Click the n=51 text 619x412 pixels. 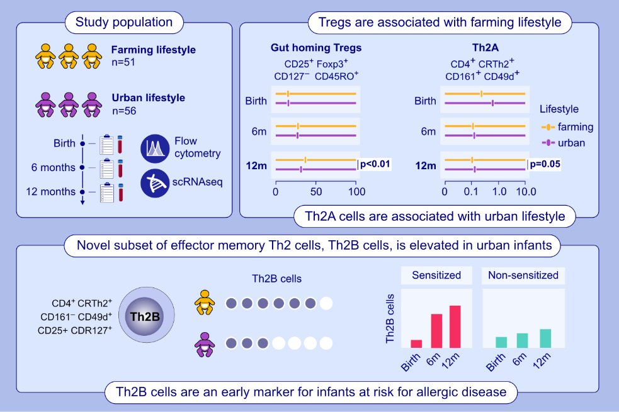[123, 63]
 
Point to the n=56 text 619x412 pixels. [123, 112]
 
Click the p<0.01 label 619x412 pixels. [375, 165]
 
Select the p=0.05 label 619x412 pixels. [545, 165]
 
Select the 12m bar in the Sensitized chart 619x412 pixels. [455, 326]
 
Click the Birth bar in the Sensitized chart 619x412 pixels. [416, 343]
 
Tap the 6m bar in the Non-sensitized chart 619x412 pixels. [522, 340]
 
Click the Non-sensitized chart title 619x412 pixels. [523, 276]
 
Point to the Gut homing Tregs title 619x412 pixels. [316, 48]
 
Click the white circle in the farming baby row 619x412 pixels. [326, 304]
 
